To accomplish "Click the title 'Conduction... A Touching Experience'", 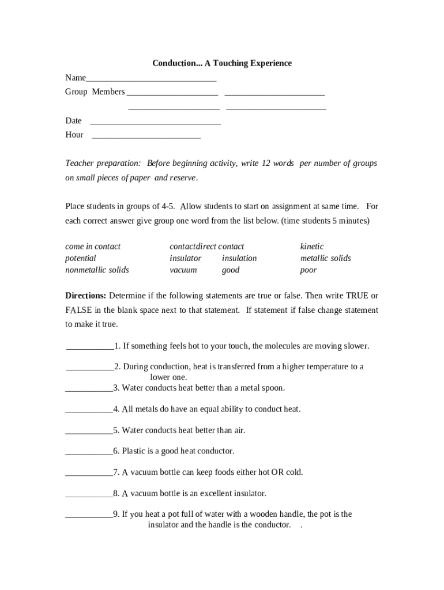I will click(x=222, y=63).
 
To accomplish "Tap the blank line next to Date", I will click(x=156, y=123).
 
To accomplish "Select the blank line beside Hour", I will click(x=146, y=138).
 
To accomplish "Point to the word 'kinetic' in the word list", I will click(x=312, y=246).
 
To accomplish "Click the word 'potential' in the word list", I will click(x=80, y=258).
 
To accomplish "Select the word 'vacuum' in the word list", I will click(x=183, y=270).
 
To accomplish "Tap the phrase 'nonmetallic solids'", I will click(x=97, y=270).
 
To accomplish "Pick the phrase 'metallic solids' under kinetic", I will click(x=325, y=258).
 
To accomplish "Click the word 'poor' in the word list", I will click(x=308, y=270).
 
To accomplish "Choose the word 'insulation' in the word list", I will click(x=239, y=258).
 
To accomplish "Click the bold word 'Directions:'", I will click(x=85, y=296).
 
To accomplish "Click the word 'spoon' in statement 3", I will click(x=272, y=388).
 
